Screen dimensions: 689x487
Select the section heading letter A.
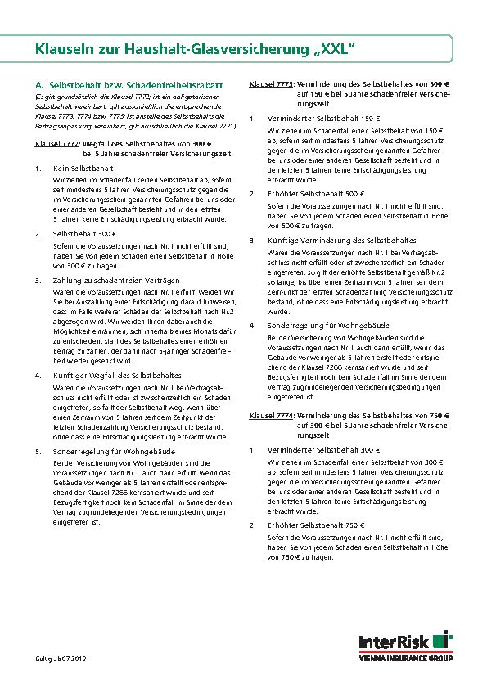(x=38, y=85)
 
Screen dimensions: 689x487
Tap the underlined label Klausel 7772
(x=56, y=145)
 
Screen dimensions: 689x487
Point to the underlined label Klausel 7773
(x=271, y=85)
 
